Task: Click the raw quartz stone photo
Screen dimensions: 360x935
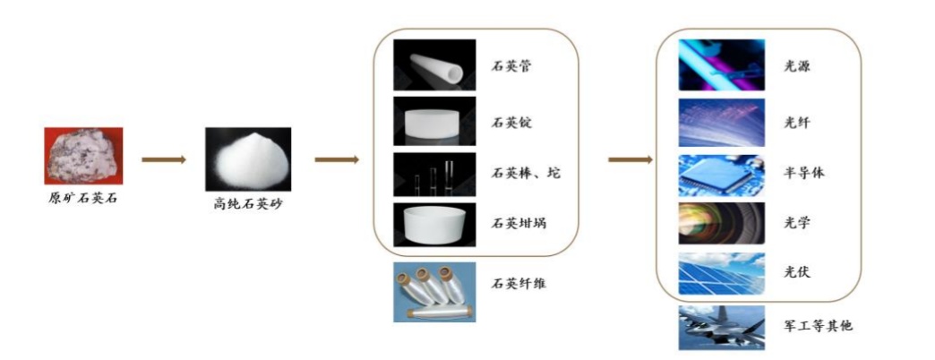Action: click(83, 155)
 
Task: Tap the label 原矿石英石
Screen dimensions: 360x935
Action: click(83, 197)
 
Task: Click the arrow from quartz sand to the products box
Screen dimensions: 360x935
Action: click(337, 160)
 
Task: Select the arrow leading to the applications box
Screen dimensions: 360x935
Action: click(630, 160)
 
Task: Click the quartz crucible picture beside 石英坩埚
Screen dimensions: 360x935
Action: click(433, 224)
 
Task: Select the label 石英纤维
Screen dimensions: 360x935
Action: click(519, 284)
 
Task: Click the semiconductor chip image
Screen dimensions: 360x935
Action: click(721, 175)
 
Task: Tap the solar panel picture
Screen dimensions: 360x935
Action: click(721, 272)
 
